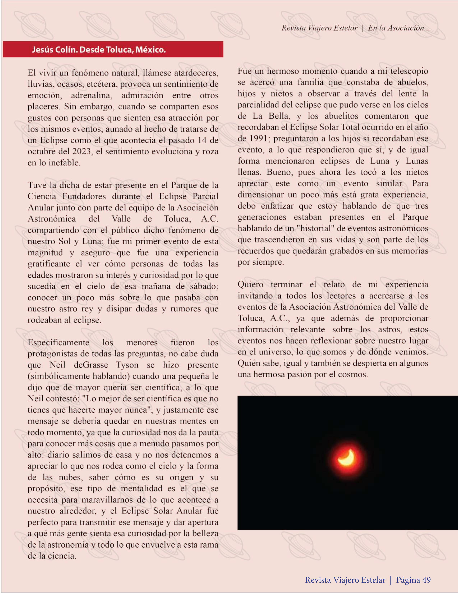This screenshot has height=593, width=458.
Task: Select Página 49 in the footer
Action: pyautogui.click(x=413, y=580)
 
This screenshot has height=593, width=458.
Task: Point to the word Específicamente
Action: pyautogui.click(x=58, y=342)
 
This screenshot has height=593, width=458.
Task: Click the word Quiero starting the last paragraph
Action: pyautogui.click(x=251, y=285)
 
